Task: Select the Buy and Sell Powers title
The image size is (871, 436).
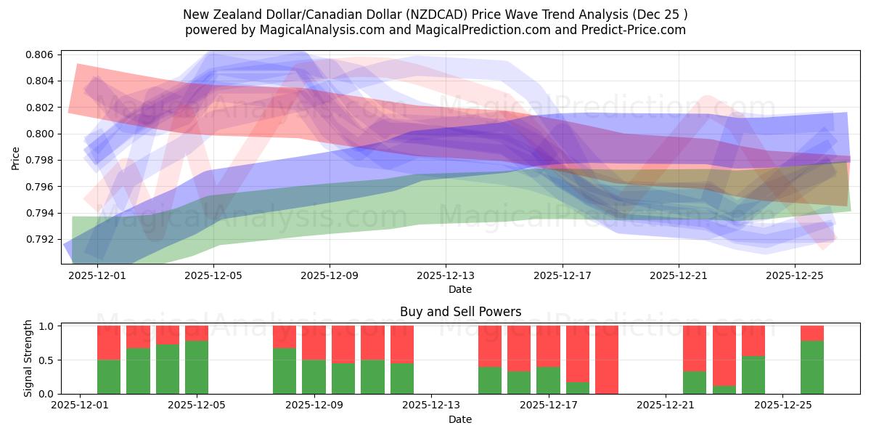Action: [460, 312]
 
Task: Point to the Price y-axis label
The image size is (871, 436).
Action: [16, 158]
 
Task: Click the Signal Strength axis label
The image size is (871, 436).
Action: [28, 358]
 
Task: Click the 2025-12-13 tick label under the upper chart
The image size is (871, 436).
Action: [446, 276]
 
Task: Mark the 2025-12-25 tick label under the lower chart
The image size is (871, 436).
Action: [783, 406]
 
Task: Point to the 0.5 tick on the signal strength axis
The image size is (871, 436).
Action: [46, 360]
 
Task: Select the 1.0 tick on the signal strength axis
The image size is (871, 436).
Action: [46, 326]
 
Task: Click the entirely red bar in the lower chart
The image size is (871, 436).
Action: [607, 360]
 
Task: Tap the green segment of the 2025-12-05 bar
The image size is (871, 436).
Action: [197, 368]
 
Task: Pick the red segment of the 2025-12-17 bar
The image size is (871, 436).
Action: [548, 346]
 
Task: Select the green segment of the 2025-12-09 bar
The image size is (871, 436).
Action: [314, 377]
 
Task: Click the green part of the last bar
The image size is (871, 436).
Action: [812, 368]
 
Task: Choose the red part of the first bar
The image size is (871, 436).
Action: [109, 342]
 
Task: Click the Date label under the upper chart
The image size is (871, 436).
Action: [460, 289]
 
